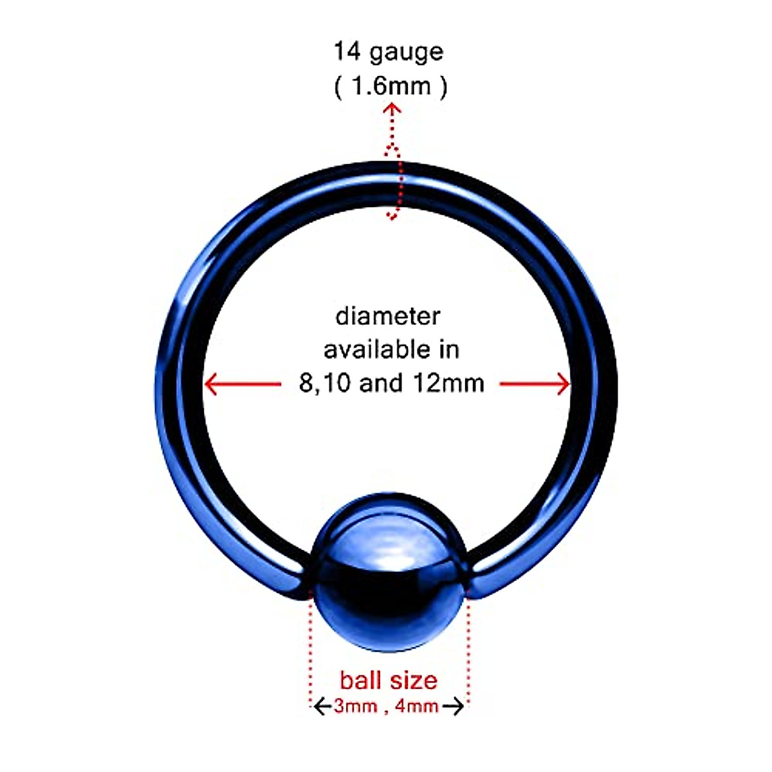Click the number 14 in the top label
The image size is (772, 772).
[347, 51]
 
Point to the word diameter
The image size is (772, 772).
[388, 317]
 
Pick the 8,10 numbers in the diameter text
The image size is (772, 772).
[325, 384]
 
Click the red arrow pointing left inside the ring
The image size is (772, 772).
[212, 385]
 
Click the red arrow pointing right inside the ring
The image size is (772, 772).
[562, 385]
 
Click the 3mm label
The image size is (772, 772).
[356, 706]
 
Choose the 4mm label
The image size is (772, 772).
[417, 706]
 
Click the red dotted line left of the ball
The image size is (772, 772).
[311, 643]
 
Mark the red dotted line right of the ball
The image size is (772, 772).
[468, 643]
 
